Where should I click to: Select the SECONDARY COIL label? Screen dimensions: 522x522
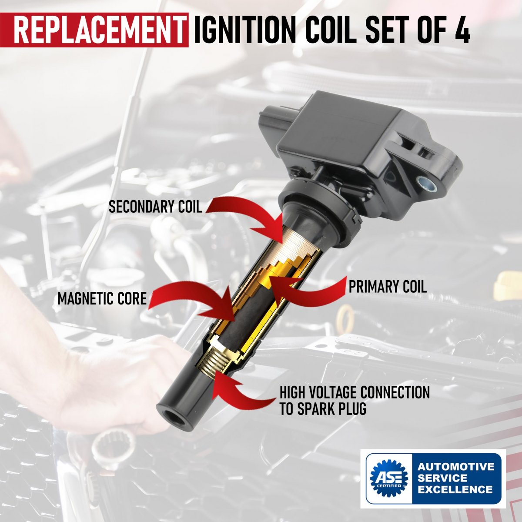(155, 207)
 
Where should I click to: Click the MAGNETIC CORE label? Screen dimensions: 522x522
(102, 298)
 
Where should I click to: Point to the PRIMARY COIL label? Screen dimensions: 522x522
(388, 287)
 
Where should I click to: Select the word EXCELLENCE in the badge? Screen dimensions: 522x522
(455, 489)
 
